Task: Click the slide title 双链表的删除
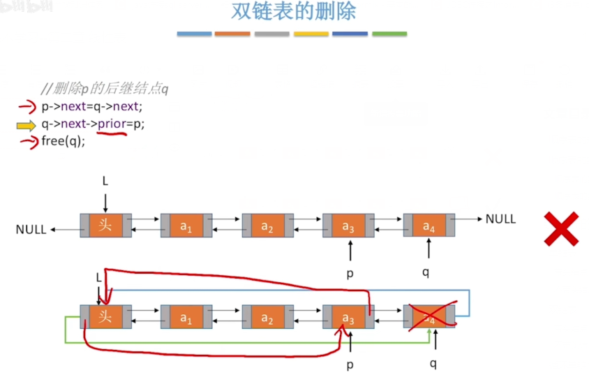293,13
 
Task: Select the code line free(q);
63,140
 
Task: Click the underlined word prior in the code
112,124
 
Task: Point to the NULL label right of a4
500,219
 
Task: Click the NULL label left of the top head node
31,229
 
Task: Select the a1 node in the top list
185,226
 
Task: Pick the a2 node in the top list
267,226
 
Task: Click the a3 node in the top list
348,226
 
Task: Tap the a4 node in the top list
428,226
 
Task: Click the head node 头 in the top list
105,226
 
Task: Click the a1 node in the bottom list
185,318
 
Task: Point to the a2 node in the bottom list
267,318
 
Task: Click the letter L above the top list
105,181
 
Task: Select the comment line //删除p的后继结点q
104,89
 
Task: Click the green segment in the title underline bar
389,34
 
